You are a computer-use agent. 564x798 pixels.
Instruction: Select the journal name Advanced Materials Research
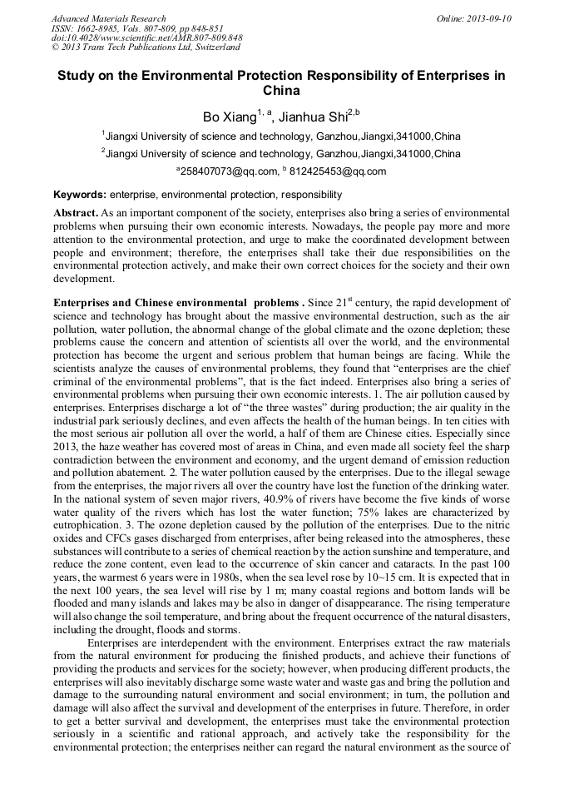click(x=108, y=17)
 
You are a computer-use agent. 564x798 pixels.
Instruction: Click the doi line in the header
click(x=146, y=37)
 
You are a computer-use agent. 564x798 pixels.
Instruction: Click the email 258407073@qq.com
click(x=228, y=171)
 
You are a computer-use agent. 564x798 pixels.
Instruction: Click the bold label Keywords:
click(x=80, y=194)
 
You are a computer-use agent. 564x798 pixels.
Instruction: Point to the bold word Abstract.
click(x=75, y=213)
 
